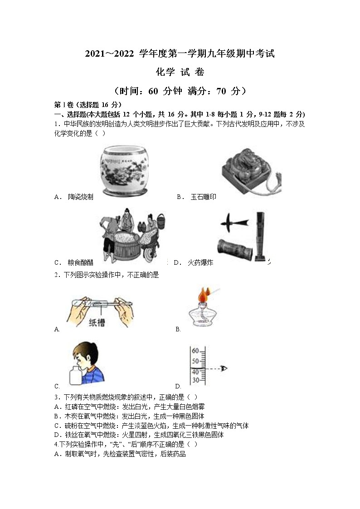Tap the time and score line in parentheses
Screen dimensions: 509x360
[x=180, y=91]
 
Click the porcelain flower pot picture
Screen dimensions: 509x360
[x=123, y=170]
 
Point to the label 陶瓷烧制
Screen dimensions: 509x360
[x=80, y=197]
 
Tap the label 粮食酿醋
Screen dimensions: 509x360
[x=80, y=262]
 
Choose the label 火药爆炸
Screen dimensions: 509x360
[x=200, y=262]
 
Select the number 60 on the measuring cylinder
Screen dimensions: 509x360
[x=195, y=351]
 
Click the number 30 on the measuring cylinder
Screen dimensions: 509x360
[x=195, y=380]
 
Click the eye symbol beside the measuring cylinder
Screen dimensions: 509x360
[x=224, y=369]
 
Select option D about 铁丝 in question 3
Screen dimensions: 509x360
[x=139, y=435]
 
